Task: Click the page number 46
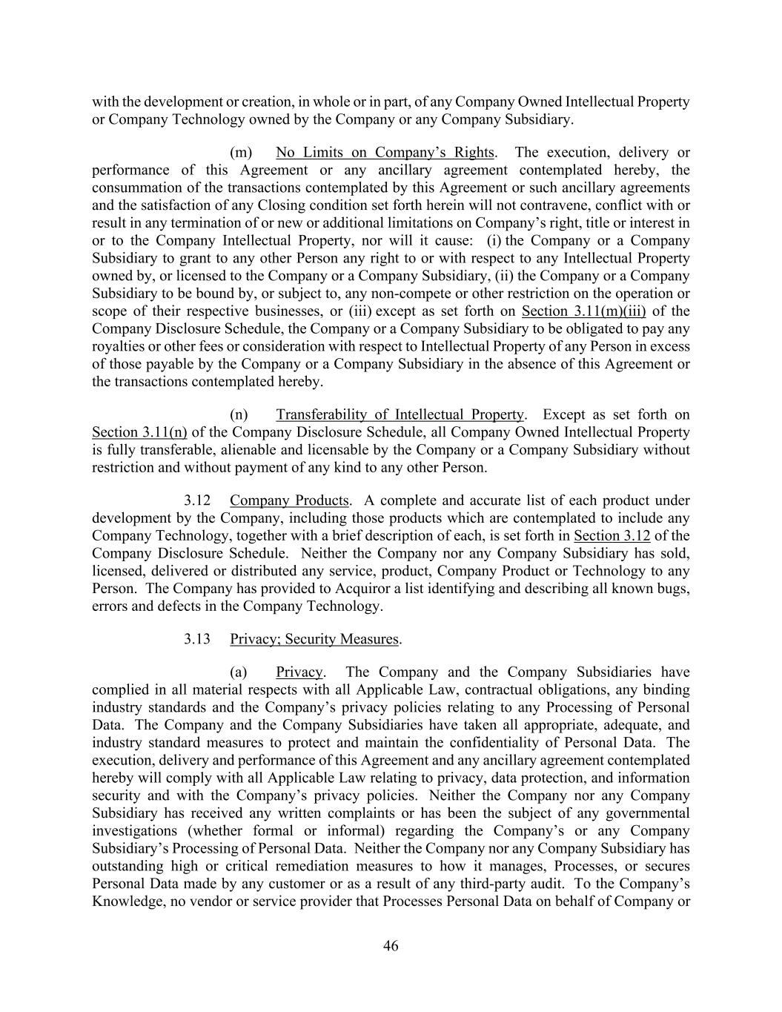click(x=391, y=946)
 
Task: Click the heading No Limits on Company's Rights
click(x=384, y=153)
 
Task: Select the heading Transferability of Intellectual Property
click(x=400, y=414)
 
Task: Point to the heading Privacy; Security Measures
click(x=315, y=639)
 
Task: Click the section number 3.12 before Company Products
click(x=197, y=500)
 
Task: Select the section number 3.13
click(x=197, y=639)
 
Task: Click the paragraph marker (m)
click(x=240, y=153)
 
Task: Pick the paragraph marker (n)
click(x=239, y=414)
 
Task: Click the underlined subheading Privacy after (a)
click(x=299, y=672)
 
